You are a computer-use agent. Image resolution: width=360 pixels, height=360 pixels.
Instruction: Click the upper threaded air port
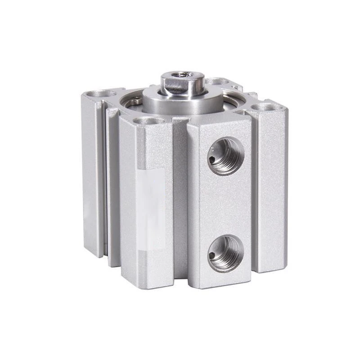click(x=225, y=156)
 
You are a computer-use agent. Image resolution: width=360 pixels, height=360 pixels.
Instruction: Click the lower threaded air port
click(x=226, y=253)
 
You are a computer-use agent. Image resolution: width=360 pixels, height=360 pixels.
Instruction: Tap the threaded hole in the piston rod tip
click(x=182, y=75)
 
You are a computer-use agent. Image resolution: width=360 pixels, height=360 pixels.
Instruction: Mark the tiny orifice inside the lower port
click(x=211, y=256)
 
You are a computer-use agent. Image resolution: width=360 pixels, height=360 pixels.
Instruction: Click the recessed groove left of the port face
click(x=180, y=198)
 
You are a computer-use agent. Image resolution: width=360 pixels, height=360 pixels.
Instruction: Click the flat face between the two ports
click(x=220, y=205)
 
